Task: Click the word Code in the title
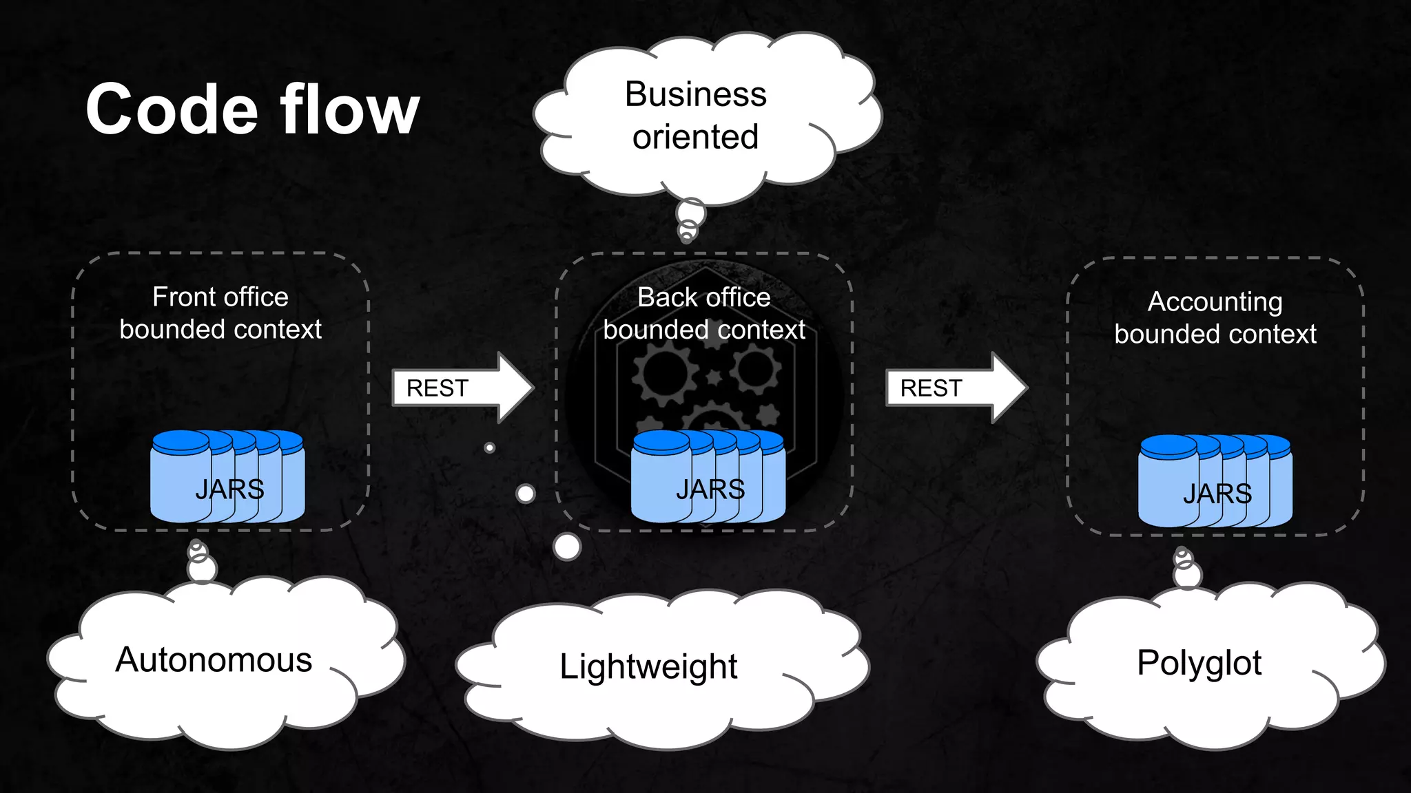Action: (171, 110)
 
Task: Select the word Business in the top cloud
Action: (695, 94)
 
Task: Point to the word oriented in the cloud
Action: (695, 137)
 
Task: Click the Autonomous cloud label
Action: (214, 660)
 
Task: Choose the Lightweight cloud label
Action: (648, 666)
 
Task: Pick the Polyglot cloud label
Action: (1199, 663)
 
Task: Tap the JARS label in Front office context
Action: (229, 489)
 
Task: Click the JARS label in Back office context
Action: (710, 489)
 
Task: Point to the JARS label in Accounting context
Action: (1217, 494)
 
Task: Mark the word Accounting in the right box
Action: (1215, 302)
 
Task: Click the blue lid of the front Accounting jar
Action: (1168, 446)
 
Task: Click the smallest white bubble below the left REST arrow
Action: (490, 448)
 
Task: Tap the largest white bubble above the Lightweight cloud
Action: (567, 547)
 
